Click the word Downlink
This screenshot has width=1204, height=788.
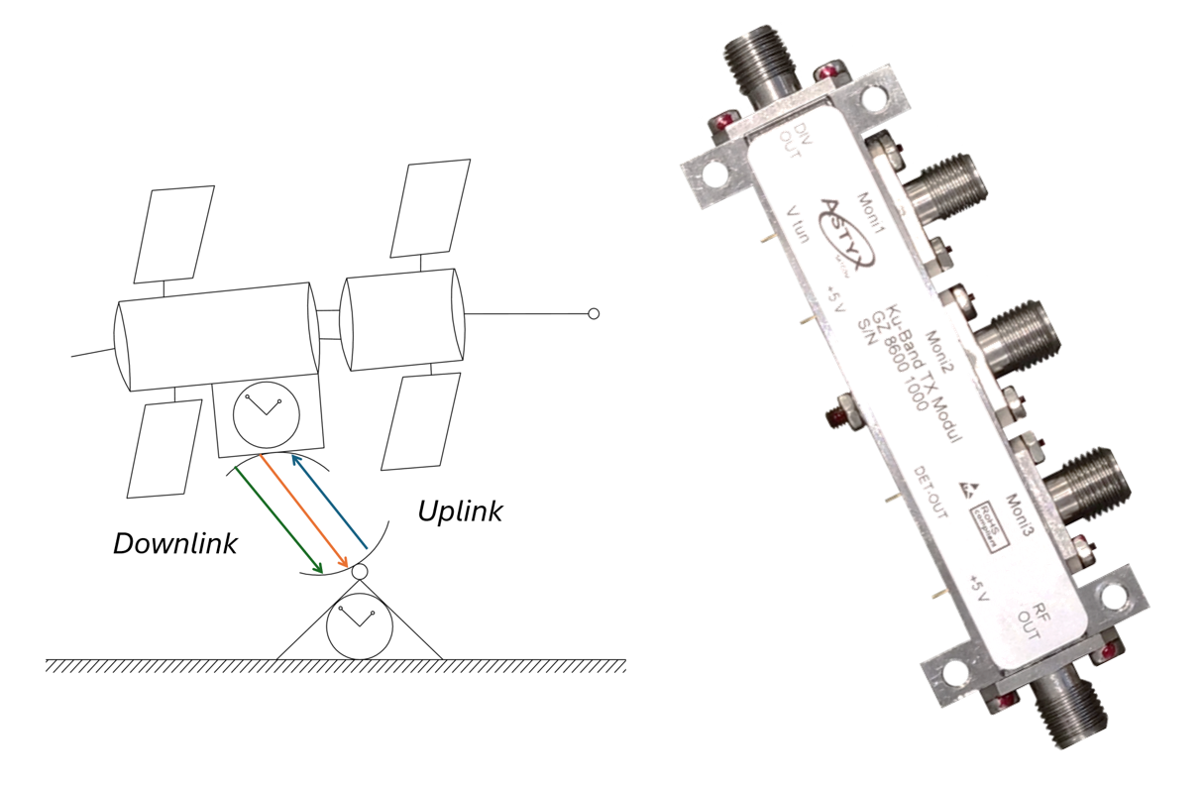(174, 543)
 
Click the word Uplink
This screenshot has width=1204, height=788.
(459, 511)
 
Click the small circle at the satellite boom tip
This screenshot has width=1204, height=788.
(594, 314)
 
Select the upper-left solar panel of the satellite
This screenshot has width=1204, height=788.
(174, 234)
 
